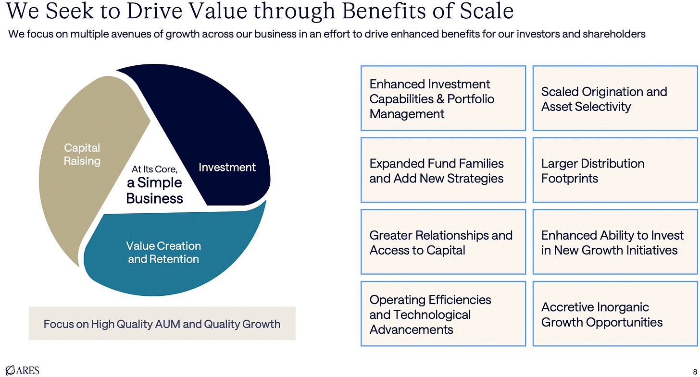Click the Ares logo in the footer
(x=22, y=370)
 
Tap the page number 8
(x=695, y=371)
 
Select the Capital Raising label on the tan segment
(x=82, y=154)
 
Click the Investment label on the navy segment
(x=227, y=167)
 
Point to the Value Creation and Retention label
(x=163, y=252)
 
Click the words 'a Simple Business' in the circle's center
(x=154, y=191)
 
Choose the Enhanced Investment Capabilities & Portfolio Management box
(x=443, y=98)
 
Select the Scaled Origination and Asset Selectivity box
(x=615, y=98)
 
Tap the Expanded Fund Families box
(x=443, y=170)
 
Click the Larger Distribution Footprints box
(x=615, y=170)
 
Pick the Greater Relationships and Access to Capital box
(x=443, y=242)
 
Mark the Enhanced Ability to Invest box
(x=615, y=242)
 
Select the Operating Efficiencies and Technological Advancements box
(x=443, y=314)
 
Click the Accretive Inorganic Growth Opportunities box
(x=615, y=314)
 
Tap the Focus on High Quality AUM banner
(x=162, y=324)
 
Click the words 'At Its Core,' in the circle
(x=154, y=169)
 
